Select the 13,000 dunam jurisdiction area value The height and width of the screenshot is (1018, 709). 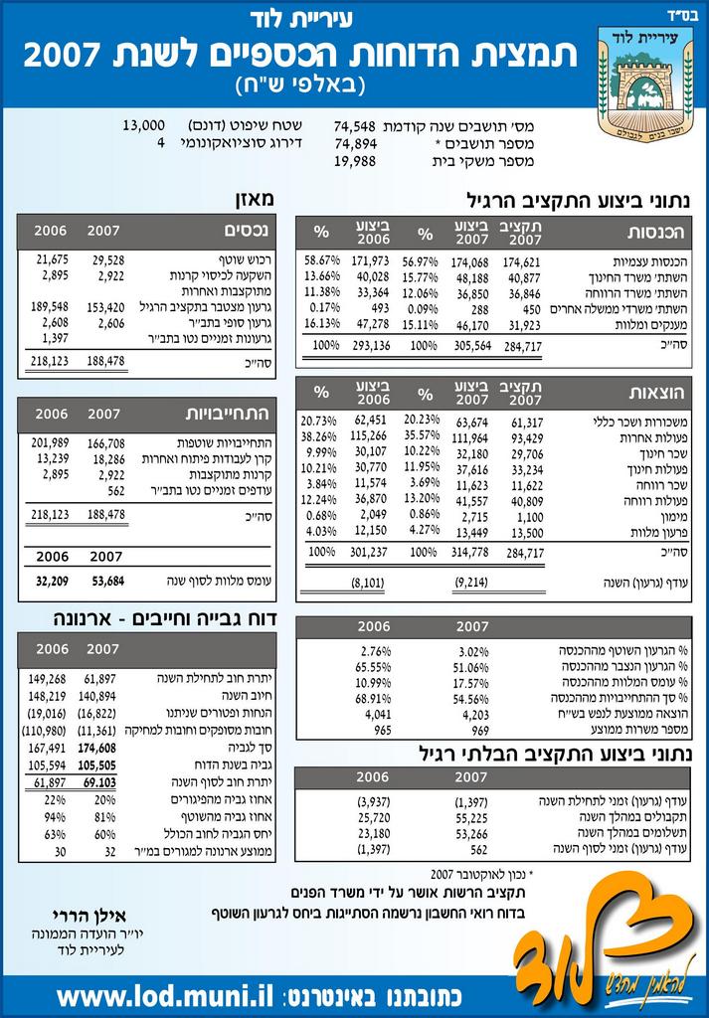(143, 126)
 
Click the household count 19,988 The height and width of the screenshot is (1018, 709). (355, 161)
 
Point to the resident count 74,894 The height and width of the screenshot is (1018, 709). (355, 143)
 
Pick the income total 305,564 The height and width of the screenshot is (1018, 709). (472, 346)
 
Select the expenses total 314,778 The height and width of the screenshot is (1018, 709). (472, 552)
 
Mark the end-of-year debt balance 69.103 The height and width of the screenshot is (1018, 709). (99, 783)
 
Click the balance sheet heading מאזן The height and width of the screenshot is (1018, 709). (253, 200)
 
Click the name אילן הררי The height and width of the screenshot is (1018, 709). (89, 917)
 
